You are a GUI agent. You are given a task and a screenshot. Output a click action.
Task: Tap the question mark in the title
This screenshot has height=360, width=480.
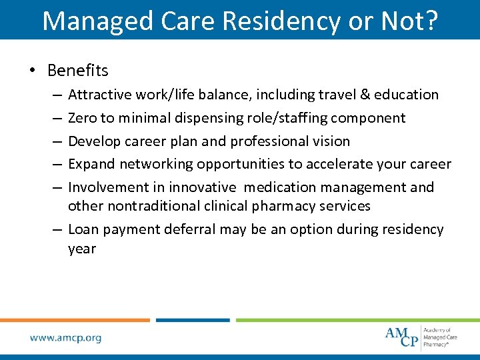coord(431,20)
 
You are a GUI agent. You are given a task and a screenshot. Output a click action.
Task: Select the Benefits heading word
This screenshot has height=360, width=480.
coord(77,70)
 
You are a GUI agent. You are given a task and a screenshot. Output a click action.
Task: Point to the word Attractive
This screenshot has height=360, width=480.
coord(99,95)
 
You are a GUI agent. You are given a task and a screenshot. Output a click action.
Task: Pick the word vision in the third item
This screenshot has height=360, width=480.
coord(331,141)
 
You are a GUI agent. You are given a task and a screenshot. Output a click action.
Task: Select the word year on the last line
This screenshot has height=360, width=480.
coord(82,249)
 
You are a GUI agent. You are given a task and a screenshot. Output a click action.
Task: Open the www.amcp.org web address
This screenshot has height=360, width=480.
coord(65,338)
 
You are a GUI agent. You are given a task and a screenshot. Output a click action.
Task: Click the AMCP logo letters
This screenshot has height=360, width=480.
coord(402,337)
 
